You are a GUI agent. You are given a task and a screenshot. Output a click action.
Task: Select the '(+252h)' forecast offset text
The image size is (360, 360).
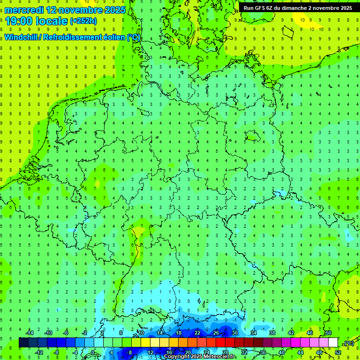pyautogui.click(x=83, y=21)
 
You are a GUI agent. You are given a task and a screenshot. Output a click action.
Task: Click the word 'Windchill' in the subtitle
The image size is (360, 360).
pyautogui.click(x=22, y=37)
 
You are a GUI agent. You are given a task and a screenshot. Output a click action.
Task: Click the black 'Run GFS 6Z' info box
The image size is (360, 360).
pyautogui.click(x=298, y=8)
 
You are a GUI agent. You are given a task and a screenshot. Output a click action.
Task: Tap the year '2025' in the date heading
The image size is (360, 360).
pyautogui.click(x=114, y=10)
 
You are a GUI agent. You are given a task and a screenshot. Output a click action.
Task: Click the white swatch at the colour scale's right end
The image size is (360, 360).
pyautogui.click(x=333, y=343)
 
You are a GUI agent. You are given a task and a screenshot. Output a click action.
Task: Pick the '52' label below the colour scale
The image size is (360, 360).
pyautogui.click(x=337, y=352)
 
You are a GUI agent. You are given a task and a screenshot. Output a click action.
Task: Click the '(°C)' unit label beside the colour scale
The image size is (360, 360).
pyautogui.click(x=348, y=343)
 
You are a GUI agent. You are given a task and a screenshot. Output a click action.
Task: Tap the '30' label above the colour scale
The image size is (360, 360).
pyautogui.click(x=235, y=333)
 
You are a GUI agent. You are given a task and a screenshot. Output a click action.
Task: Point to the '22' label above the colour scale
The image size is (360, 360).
pyautogui.click(x=197, y=333)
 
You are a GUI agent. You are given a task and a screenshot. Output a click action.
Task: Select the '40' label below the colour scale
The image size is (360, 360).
pyautogui.click(x=282, y=352)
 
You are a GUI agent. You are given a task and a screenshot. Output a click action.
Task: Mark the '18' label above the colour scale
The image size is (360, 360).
pyautogui.click(x=179, y=333)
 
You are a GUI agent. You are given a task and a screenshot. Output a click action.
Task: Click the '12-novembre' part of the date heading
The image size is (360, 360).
pyautogui.click(x=72, y=10)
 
